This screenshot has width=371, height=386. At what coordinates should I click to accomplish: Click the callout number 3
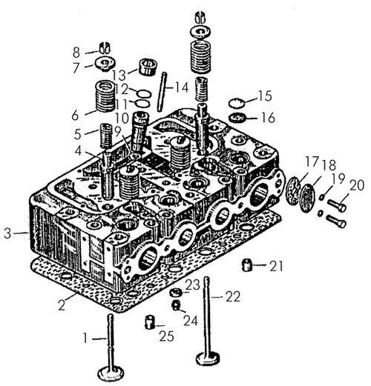[7, 233]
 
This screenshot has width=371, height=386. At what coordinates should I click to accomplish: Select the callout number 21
[276, 266]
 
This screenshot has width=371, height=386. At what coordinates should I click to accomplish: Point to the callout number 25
[166, 336]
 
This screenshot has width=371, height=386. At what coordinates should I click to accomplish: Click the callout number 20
[356, 185]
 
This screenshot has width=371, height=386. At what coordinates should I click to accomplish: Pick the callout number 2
[62, 305]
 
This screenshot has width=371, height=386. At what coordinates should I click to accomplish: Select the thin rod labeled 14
[162, 92]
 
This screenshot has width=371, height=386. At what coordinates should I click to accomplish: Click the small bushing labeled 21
[246, 265]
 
